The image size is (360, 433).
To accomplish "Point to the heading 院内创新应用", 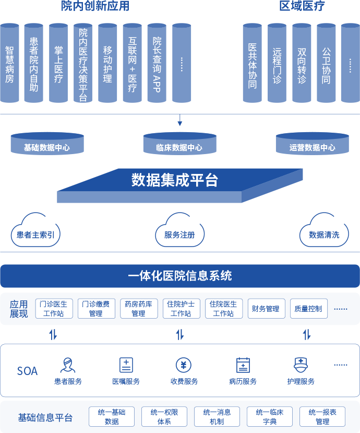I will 95,6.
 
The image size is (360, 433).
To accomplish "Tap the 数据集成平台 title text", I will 174,181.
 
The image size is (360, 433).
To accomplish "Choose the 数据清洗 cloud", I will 323,232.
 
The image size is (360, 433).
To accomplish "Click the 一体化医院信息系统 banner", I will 180,276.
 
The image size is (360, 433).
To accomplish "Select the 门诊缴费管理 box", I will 96,309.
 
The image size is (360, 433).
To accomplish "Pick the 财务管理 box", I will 266,309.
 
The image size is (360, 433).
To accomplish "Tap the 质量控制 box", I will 308,309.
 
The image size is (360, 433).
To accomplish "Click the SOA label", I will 27,371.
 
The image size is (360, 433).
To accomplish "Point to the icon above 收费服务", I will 184,365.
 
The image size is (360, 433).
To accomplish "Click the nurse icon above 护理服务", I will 301,364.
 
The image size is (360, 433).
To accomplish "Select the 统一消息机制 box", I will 217,417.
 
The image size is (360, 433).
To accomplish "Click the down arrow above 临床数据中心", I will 180,122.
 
